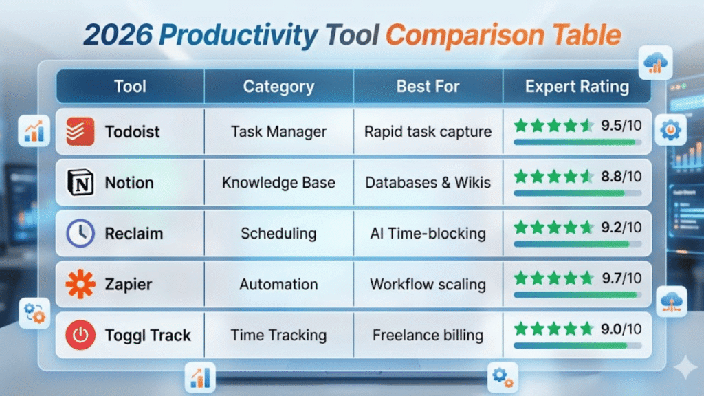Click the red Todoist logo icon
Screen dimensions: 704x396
80,131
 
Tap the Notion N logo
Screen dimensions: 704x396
80,182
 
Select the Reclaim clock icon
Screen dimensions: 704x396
80,233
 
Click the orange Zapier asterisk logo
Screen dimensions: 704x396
80,284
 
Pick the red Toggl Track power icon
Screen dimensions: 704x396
80,335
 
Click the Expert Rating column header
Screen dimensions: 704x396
577,87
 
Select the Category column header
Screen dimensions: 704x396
279,87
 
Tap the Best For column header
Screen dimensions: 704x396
428,87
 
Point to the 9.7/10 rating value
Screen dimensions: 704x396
621,278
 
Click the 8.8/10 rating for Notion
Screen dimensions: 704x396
621,177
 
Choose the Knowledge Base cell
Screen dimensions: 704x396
279,183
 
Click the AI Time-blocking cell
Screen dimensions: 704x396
428,234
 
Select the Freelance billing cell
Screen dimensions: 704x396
428,335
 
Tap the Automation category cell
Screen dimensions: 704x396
279,284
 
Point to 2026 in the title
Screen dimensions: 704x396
118,35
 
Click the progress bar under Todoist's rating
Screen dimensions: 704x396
577,142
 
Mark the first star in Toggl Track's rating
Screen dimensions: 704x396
521,329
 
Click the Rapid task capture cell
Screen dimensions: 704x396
428,132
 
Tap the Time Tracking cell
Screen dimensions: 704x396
279,335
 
